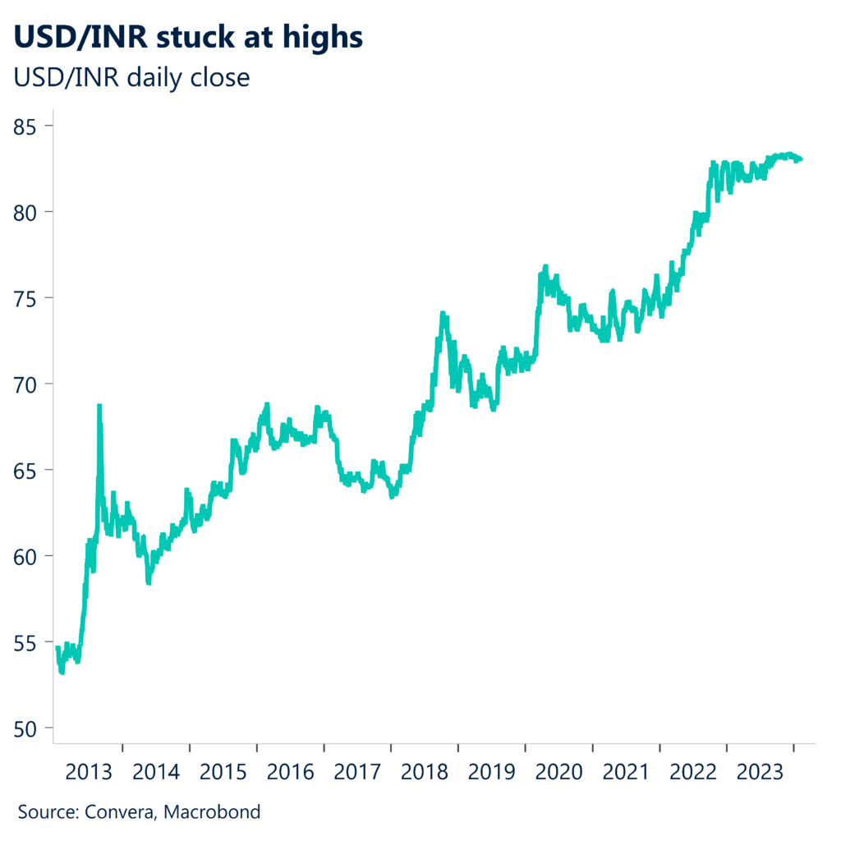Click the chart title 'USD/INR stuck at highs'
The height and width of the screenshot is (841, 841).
pyautogui.click(x=186, y=37)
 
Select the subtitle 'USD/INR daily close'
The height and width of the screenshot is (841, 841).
pyautogui.click(x=132, y=78)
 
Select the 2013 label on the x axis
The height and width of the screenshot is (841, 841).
pyautogui.click(x=89, y=773)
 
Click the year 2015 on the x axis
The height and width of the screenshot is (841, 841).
pyautogui.click(x=223, y=773)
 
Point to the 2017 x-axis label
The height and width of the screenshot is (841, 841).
pyautogui.click(x=357, y=773)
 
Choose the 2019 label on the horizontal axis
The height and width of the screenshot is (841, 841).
pyautogui.click(x=492, y=773)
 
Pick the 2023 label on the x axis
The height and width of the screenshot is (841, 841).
pyautogui.click(x=761, y=773)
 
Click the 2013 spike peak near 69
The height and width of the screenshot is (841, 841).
pyautogui.click(x=99, y=405)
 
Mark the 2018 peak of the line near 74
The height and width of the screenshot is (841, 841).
pyautogui.click(x=443, y=313)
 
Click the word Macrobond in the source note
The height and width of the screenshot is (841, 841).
pyautogui.click(x=213, y=813)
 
